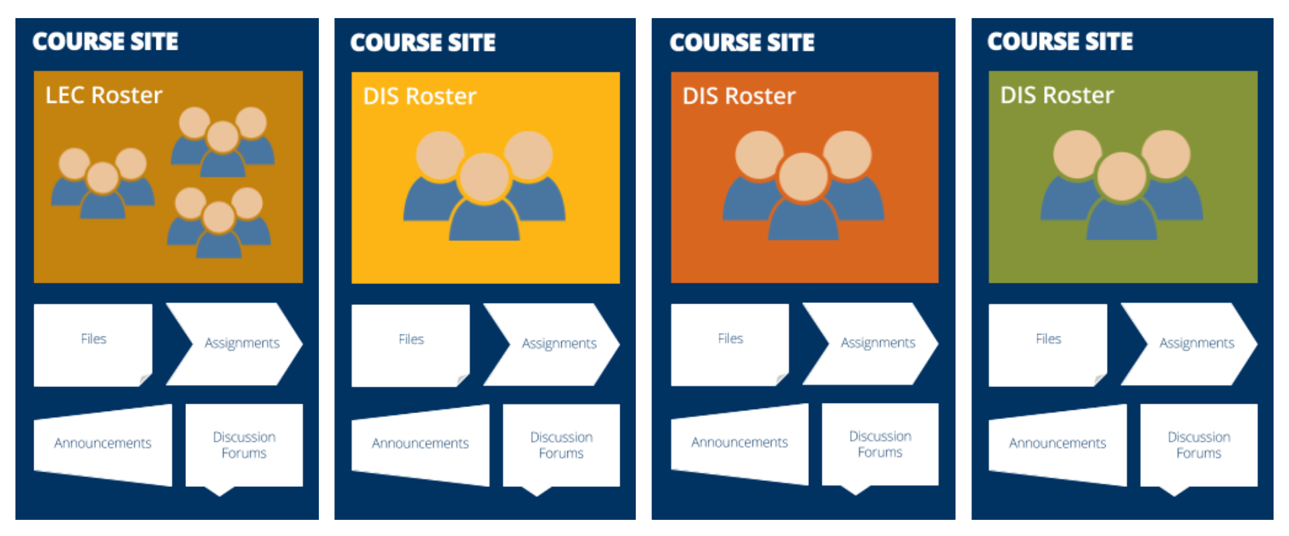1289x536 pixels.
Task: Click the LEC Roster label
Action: point(104,95)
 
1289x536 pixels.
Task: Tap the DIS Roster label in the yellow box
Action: point(420,97)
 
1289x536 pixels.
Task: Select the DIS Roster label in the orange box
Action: point(738,97)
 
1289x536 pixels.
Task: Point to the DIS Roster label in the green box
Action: point(1057,95)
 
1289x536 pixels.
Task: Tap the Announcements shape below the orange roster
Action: point(739,443)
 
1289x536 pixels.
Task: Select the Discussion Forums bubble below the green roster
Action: point(1198,445)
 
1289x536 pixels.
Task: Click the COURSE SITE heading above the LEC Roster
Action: point(105,42)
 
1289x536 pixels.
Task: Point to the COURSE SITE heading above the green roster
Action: point(1060,42)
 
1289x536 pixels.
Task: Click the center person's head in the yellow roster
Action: point(484,177)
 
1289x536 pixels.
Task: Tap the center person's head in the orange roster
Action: point(803,177)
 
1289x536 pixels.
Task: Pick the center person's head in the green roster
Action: point(1121,177)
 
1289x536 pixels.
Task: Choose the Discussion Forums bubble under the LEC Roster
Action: point(244,445)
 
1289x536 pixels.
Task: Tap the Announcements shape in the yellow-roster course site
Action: point(420,443)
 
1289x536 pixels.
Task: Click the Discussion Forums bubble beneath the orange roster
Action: point(880,444)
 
